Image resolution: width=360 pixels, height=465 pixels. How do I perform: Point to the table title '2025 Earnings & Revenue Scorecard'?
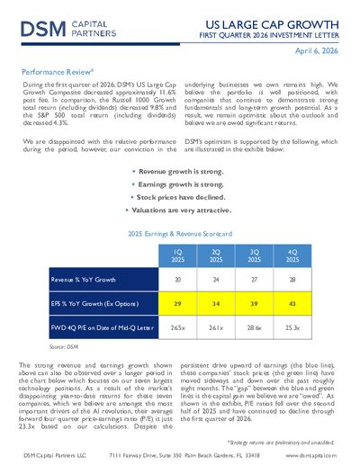[180, 232]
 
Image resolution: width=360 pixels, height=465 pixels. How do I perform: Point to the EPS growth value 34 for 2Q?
[216, 304]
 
